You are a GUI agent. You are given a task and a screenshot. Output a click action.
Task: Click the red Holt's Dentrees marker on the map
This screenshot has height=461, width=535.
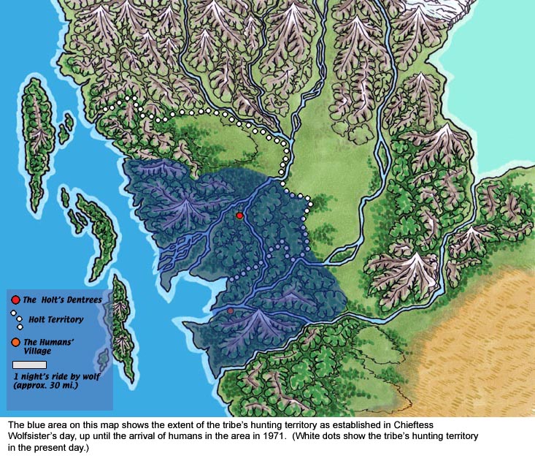click(x=239, y=216)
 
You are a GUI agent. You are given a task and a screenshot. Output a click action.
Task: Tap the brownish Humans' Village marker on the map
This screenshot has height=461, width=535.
click(x=231, y=311)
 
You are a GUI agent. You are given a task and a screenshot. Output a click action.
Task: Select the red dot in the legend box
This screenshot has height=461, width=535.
click(x=16, y=300)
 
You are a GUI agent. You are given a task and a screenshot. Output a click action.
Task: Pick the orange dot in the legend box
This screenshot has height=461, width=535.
click(x=16, y=341)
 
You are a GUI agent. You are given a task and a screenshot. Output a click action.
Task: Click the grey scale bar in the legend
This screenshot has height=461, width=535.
click(x=30, y=364)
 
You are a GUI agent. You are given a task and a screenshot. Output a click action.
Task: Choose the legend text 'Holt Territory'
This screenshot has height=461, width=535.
click(x=56, y=319)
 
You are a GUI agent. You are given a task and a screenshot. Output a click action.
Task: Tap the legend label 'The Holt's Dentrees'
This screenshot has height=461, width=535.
click(x=62, y=300)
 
